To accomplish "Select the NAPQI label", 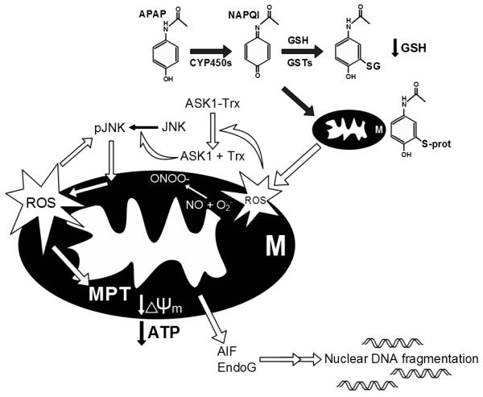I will tap(265, 12).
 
